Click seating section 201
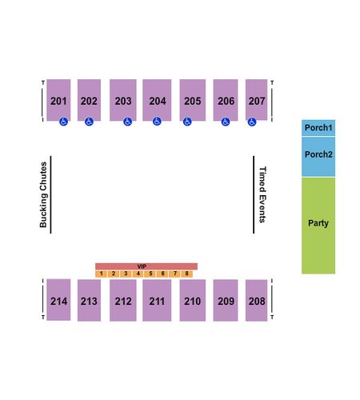point(58,100)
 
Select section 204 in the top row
point(157,100)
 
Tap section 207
point(256,100)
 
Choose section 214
point(58,300)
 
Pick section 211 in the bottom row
point(157,300)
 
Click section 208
point(256,300)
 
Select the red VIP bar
point(146,266)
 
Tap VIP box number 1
point(102,274)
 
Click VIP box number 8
point(186,274)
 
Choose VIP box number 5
point(150,274)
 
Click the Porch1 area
point(318,128)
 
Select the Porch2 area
point(318,157)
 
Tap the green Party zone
point(318,226)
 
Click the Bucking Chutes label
point(43,194)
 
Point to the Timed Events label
point(262,194)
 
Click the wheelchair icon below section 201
point(63,122)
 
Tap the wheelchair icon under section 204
point(157,122)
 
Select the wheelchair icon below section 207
point(252,122)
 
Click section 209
point(226,300)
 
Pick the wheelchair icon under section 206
point(226,122)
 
